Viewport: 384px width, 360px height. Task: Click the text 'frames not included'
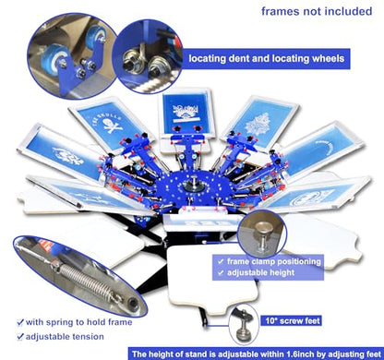click(317, 11)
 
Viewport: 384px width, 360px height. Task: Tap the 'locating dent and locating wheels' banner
click(266, 58)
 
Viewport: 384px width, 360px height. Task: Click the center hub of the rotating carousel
click(190, 186)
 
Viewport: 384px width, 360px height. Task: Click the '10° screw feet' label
click(291, 321)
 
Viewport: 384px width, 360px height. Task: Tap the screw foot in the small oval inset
click(244, 326)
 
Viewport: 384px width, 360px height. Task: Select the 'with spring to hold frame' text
click(79, 322)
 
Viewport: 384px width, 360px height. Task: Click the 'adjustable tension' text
click(65, 337)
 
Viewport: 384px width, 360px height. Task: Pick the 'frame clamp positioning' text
click(274, 261)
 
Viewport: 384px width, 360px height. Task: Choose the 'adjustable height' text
click(261, 272)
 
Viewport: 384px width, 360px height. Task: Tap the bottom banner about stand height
click(256, 354)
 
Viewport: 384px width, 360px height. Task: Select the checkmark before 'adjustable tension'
click(20, 337)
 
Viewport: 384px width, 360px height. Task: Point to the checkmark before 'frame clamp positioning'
click(221, 262)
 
